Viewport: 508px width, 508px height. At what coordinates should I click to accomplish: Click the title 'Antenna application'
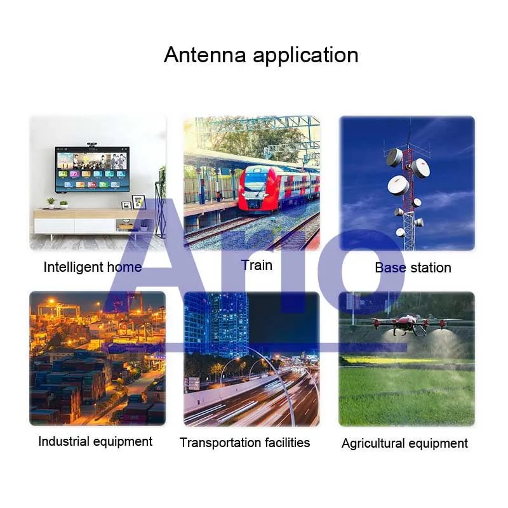(261, 55)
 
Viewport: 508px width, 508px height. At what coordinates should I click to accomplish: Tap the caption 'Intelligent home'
(92, 267)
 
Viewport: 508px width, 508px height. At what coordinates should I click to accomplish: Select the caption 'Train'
(257, 265)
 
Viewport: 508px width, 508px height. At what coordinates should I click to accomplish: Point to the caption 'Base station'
(413, 268)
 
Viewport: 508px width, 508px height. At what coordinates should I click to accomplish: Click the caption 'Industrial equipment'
(95, 441)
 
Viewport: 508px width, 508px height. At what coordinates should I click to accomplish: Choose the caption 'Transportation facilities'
(244, 443)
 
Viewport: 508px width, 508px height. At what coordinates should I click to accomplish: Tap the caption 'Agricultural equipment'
(404, 443)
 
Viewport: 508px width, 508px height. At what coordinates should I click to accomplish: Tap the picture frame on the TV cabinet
(138, 202)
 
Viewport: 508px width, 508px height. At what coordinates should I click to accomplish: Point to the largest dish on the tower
(398, 185)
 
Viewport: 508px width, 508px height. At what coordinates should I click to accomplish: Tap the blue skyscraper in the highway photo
(222, 324)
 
